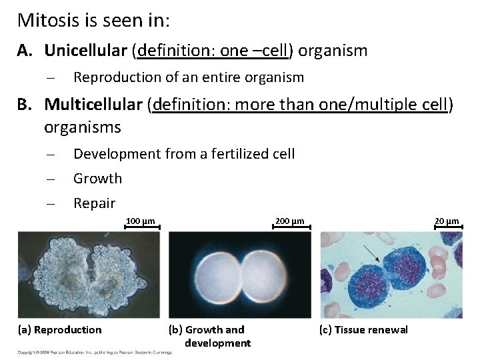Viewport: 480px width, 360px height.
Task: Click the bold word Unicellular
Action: click(86, 51)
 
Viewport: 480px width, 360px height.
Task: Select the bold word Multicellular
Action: click(93, 105)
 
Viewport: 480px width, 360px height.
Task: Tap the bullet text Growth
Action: click(97, 178)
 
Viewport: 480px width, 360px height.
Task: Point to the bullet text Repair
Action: click(94, 203)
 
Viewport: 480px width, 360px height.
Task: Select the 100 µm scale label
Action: click(140, 221)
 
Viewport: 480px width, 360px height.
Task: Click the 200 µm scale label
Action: click(290, 221)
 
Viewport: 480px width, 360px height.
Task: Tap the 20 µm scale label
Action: click(447, 221)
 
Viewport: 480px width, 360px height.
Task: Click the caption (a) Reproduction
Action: click(59, 330)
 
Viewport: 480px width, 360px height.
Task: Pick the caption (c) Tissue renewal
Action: click(364, 330)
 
